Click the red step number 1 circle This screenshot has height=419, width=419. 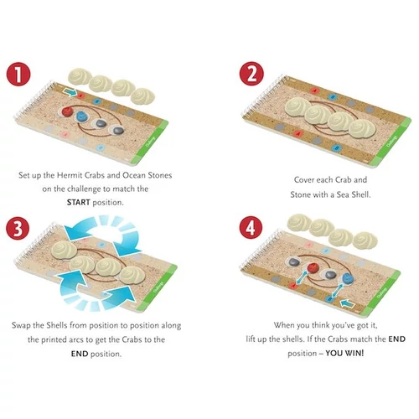[x=18, y=74]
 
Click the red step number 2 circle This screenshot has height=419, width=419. [x=251, y=74]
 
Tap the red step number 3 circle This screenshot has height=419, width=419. [x=18, y=228]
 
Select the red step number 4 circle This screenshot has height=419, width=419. [x=251, y=227]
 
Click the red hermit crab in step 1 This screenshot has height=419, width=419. [x=67, y=111]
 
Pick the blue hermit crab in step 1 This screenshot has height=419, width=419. [x=82, y=116]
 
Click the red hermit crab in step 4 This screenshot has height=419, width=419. [x=313, y=267]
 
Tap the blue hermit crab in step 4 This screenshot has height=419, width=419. [x=347, y=278]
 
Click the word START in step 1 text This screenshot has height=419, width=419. [x=78, y=202]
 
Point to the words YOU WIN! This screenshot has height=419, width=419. [x=344, y=353]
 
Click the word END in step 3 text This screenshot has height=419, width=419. [x=80, y=354]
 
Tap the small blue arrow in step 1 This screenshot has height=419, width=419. [x=70, y=91]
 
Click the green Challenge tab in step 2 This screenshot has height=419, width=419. [x=393, y=142]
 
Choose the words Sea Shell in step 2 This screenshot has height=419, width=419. [x=354, y=194]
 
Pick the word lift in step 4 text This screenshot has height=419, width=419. [x=251, y=339]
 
